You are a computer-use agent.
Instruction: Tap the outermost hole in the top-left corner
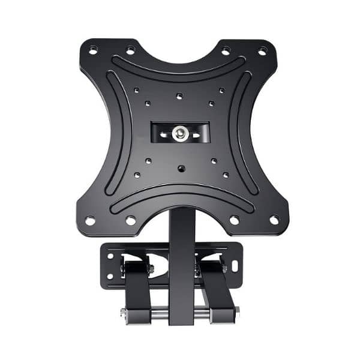tap(92, 49)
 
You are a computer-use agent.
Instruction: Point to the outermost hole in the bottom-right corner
tap(274, 220)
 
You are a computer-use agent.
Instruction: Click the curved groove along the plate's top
tap(179, 74)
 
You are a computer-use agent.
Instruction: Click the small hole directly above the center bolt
tap(179, 96)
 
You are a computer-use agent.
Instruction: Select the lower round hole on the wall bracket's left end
tap(110, 276)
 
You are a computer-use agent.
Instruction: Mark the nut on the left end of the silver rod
tap(124, 312)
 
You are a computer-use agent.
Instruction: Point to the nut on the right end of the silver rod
tap(236, 310)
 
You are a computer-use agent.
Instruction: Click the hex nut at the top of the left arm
tap(150, 269)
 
